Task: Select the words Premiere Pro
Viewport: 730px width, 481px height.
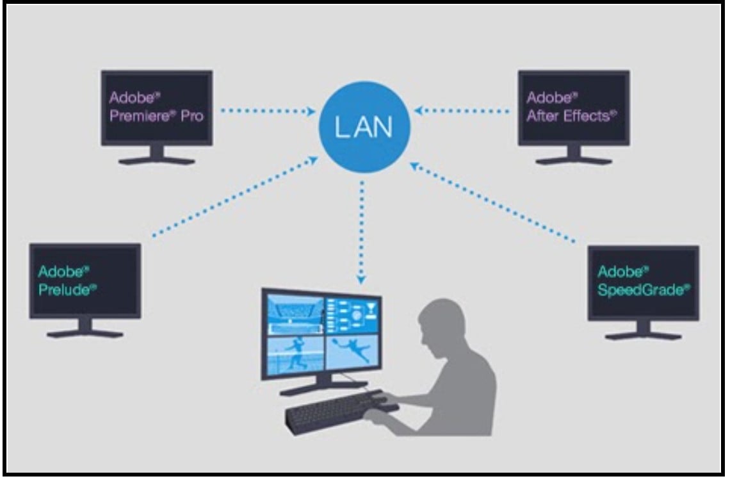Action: point(156,117)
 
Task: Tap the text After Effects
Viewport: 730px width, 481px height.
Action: point(571,117)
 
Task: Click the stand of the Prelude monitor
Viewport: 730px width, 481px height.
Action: point(85,328)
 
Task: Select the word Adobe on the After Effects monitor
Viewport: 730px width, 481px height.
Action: point(549,98)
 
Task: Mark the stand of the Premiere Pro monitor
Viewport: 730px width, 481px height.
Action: point(156,156)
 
